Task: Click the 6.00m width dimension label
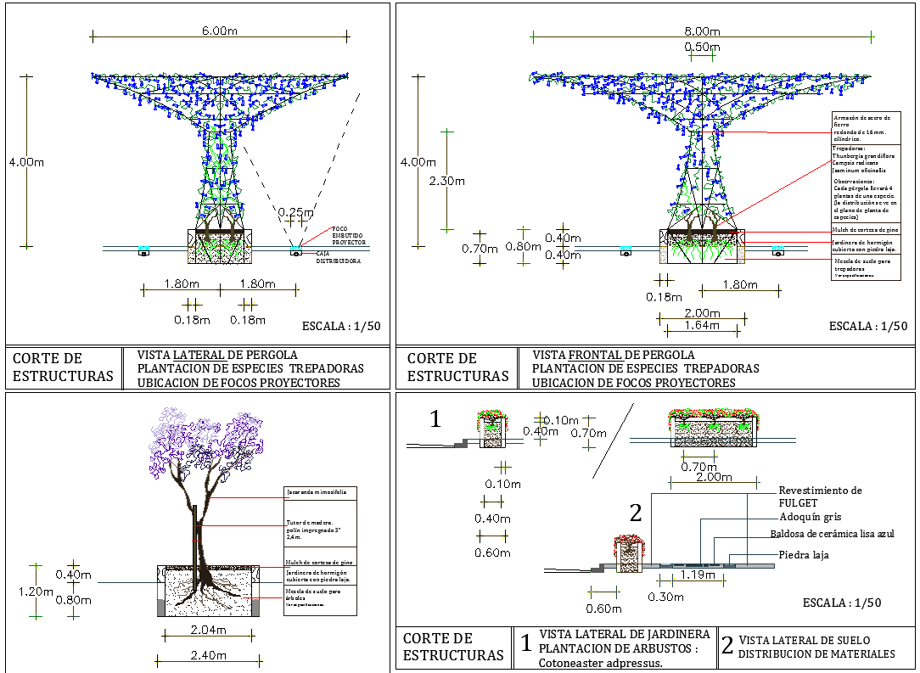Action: click(219, 31)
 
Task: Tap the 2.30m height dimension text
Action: click(447, 181)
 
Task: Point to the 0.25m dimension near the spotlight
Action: click(295, 213)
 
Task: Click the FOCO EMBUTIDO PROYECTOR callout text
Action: click(349, 235)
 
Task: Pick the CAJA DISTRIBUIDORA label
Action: click(339, 257)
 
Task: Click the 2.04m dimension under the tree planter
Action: click(208, 630)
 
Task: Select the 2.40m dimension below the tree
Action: click(208, 655)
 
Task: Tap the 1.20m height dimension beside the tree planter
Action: click(36, 592)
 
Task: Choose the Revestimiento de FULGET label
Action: click(820, 496)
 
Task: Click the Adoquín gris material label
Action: click(810, 517)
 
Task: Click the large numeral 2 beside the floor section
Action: click(636, 512)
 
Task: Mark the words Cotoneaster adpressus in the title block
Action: click(600, 663)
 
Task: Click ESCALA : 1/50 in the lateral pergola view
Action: click(341, 326)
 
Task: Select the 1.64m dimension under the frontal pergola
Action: click(703, 325)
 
